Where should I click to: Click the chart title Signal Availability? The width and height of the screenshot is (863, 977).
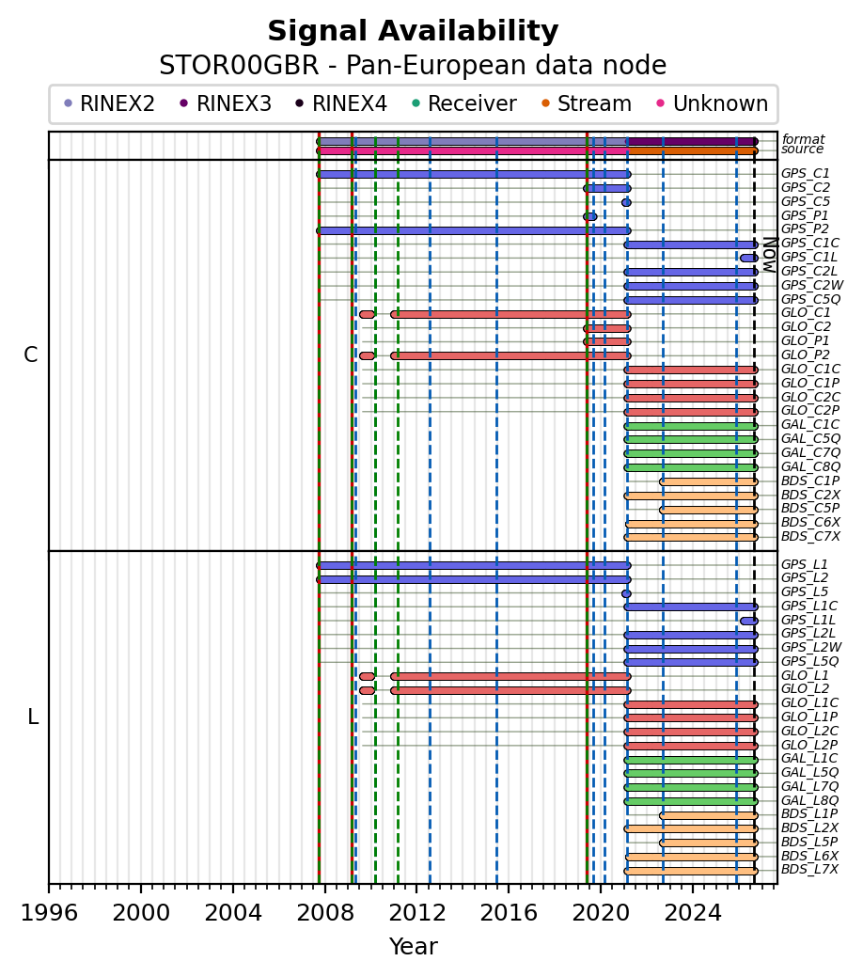tap(413, 31)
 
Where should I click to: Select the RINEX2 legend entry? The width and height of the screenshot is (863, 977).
tap(110, 103)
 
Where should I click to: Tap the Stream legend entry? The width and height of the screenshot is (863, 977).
tap(587, 103)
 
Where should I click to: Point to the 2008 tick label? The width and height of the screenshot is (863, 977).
tap(324, 913)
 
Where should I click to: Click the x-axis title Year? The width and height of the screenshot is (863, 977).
tap(413, 947)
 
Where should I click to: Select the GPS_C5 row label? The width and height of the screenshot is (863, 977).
tap(806, 202)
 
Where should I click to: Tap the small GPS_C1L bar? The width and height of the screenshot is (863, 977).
tap(749, 258)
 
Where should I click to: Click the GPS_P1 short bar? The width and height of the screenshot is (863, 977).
tap(590, 216)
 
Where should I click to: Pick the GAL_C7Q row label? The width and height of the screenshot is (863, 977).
tap(810, 453)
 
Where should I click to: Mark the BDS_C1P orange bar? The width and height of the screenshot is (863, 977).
tap(709, 481)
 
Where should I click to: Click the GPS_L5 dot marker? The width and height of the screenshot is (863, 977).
tap(626, 593)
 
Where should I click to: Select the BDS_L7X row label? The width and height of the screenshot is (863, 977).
tap(810, 869)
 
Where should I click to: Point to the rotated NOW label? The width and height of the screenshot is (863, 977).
tap(770, 255)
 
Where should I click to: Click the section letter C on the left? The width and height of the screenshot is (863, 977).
tap(30, 355)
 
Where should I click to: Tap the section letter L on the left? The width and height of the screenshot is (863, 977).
tap(33, 717)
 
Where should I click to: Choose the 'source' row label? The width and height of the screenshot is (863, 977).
tap(803, 149)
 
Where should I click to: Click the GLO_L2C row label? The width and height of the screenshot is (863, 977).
tap(810, 731)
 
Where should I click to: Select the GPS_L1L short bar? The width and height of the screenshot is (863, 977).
tap(749, 622)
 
